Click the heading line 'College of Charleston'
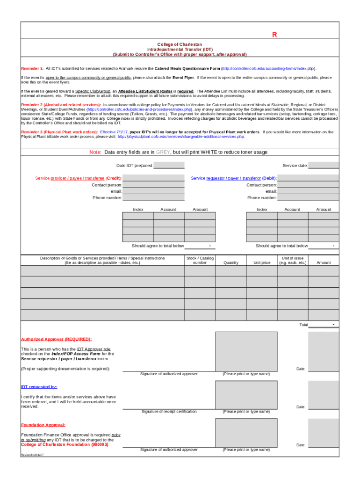pyautogui.click(x=180, y=44)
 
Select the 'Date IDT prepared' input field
pyautogui.click(x=169, y=166)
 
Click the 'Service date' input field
pyautogui.click(x=323, y=166)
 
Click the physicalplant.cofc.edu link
pyautogui.click(x=181, y=137)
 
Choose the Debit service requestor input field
pyautogui.click(x=308, y=178)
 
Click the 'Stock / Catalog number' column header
pyautogui.click(x=200, y=260)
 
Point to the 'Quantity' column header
pyautogui.click(x=231, y=263)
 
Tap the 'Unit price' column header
pyautogui.click(x=262, y=263)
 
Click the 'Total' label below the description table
pyautogui.click(x=303, y=325)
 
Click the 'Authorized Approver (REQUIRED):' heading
pyautogui.click(x=56, y=339)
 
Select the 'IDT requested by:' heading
pyautogui.click(x=39, y=387)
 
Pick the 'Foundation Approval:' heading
pyautogui.click(x=43, y=425)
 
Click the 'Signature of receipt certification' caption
pyautogui.click(x=169, y=412)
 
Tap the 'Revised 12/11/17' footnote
pyautogui.click(x=32, y=455)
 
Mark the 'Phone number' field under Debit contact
pyautogui.click(x=308, y=198)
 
